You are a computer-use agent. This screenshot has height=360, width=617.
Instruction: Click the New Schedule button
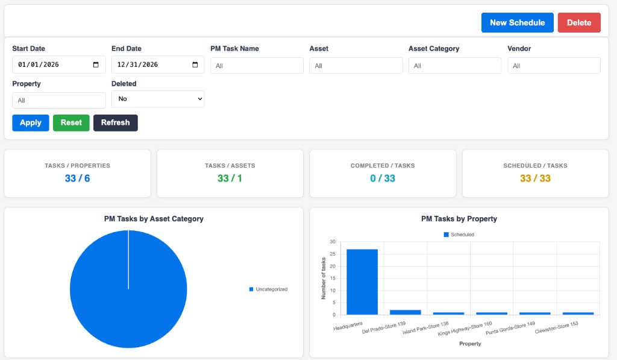(517, 22)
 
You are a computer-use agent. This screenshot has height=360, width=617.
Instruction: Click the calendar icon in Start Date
(96, 65)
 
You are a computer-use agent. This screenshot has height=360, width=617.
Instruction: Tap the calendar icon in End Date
(195, 65)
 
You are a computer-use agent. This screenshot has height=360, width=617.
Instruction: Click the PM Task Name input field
(257, 66)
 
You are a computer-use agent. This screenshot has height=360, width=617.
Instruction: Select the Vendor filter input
(554, 66)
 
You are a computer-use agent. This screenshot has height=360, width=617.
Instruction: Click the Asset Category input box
(455, 66)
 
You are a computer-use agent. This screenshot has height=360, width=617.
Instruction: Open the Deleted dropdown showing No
(158, 99)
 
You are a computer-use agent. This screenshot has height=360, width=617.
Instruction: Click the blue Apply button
(31, 123)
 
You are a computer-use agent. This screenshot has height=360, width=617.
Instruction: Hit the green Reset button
(71, 123)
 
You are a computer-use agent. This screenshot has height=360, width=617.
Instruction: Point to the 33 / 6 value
(77, 178)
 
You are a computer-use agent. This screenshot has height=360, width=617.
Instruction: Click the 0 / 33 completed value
(383, 178)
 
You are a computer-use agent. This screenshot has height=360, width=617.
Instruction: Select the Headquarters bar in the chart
(362, 282)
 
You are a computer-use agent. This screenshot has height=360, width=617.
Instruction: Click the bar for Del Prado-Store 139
(406, 312)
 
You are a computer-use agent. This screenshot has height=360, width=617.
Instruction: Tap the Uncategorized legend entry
(268, 289)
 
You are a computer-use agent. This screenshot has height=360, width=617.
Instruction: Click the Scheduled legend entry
(459, 235)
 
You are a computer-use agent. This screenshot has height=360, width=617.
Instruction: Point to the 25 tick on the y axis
(333, 254)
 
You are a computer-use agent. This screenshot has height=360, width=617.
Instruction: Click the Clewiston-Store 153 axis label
(556, 327)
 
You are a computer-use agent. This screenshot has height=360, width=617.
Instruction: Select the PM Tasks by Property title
(459, 219)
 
